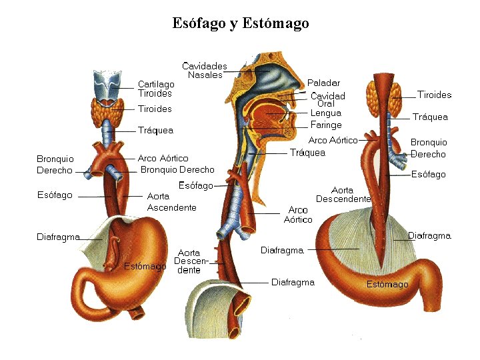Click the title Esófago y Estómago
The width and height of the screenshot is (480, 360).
point(240,23)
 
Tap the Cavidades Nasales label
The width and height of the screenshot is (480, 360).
point(205,70)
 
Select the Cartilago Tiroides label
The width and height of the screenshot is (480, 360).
point(156,89)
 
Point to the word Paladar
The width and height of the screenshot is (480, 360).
point(323,83)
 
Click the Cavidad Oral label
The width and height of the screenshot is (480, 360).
point(327,100)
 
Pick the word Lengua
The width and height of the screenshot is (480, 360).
point(325,113)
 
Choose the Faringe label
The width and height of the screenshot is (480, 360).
point(326,125)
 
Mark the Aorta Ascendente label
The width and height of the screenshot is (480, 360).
point(171,202)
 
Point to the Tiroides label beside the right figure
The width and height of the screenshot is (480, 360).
point(434,95)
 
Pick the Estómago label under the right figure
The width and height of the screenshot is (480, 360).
point(387,284)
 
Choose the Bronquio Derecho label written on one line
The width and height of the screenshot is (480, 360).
point(177,170)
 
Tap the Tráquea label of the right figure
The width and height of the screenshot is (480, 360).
point(430,117)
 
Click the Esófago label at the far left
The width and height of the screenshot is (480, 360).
point(55,195)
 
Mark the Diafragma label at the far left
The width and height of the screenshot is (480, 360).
point(58,237)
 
